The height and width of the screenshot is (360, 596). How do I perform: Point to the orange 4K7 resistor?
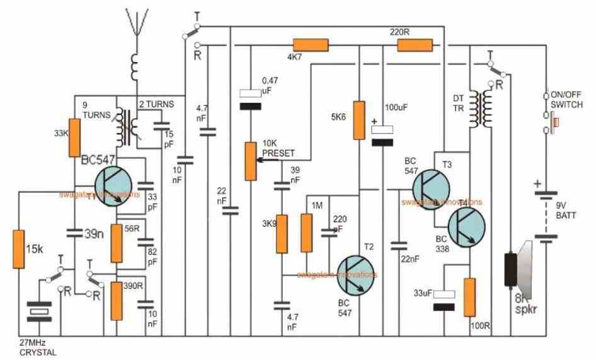point(311,45)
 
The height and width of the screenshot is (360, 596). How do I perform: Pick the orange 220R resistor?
point(415,45)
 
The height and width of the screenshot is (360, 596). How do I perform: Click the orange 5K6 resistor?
point(359,120)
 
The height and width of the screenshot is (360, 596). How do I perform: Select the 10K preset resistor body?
point(251,160)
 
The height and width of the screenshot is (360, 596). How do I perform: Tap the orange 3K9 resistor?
point(282,233)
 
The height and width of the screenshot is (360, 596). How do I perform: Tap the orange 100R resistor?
point(469,296)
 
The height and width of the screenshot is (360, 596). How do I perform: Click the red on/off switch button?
point(554,120)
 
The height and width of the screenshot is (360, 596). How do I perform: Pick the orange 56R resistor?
point(117,243)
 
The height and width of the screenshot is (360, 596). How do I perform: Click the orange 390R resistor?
point(117,301)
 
